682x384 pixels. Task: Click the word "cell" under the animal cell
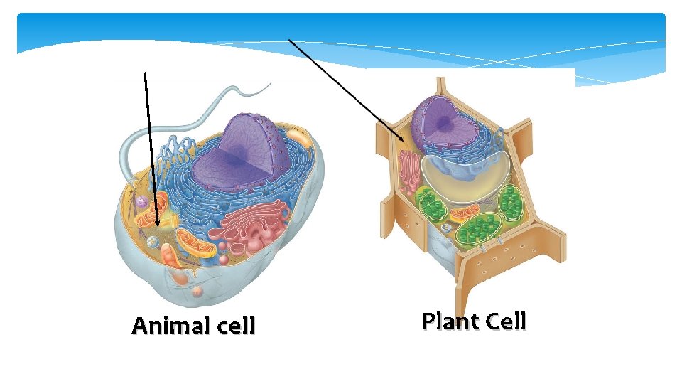pyautogui.click(x=232, y=326)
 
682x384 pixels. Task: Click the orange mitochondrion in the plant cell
pyautogui.click(x=465, y=213)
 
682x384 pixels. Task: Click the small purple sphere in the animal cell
pyautogui.click(x=142, y=203)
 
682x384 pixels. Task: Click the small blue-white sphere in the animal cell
pyautogui.click(x=152, y=242)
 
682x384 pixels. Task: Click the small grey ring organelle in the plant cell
pyautogui.click(x=446, y=228)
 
